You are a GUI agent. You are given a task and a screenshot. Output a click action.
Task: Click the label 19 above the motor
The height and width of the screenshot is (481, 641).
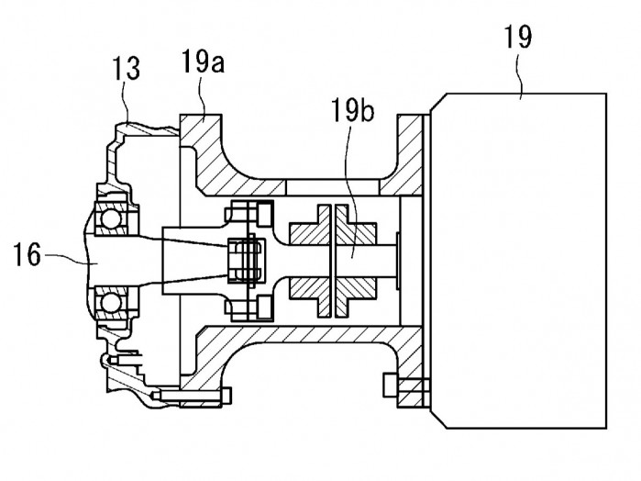click(516, 38)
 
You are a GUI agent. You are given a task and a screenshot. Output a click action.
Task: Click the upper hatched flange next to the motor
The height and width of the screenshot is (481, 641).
click(404, 156)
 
